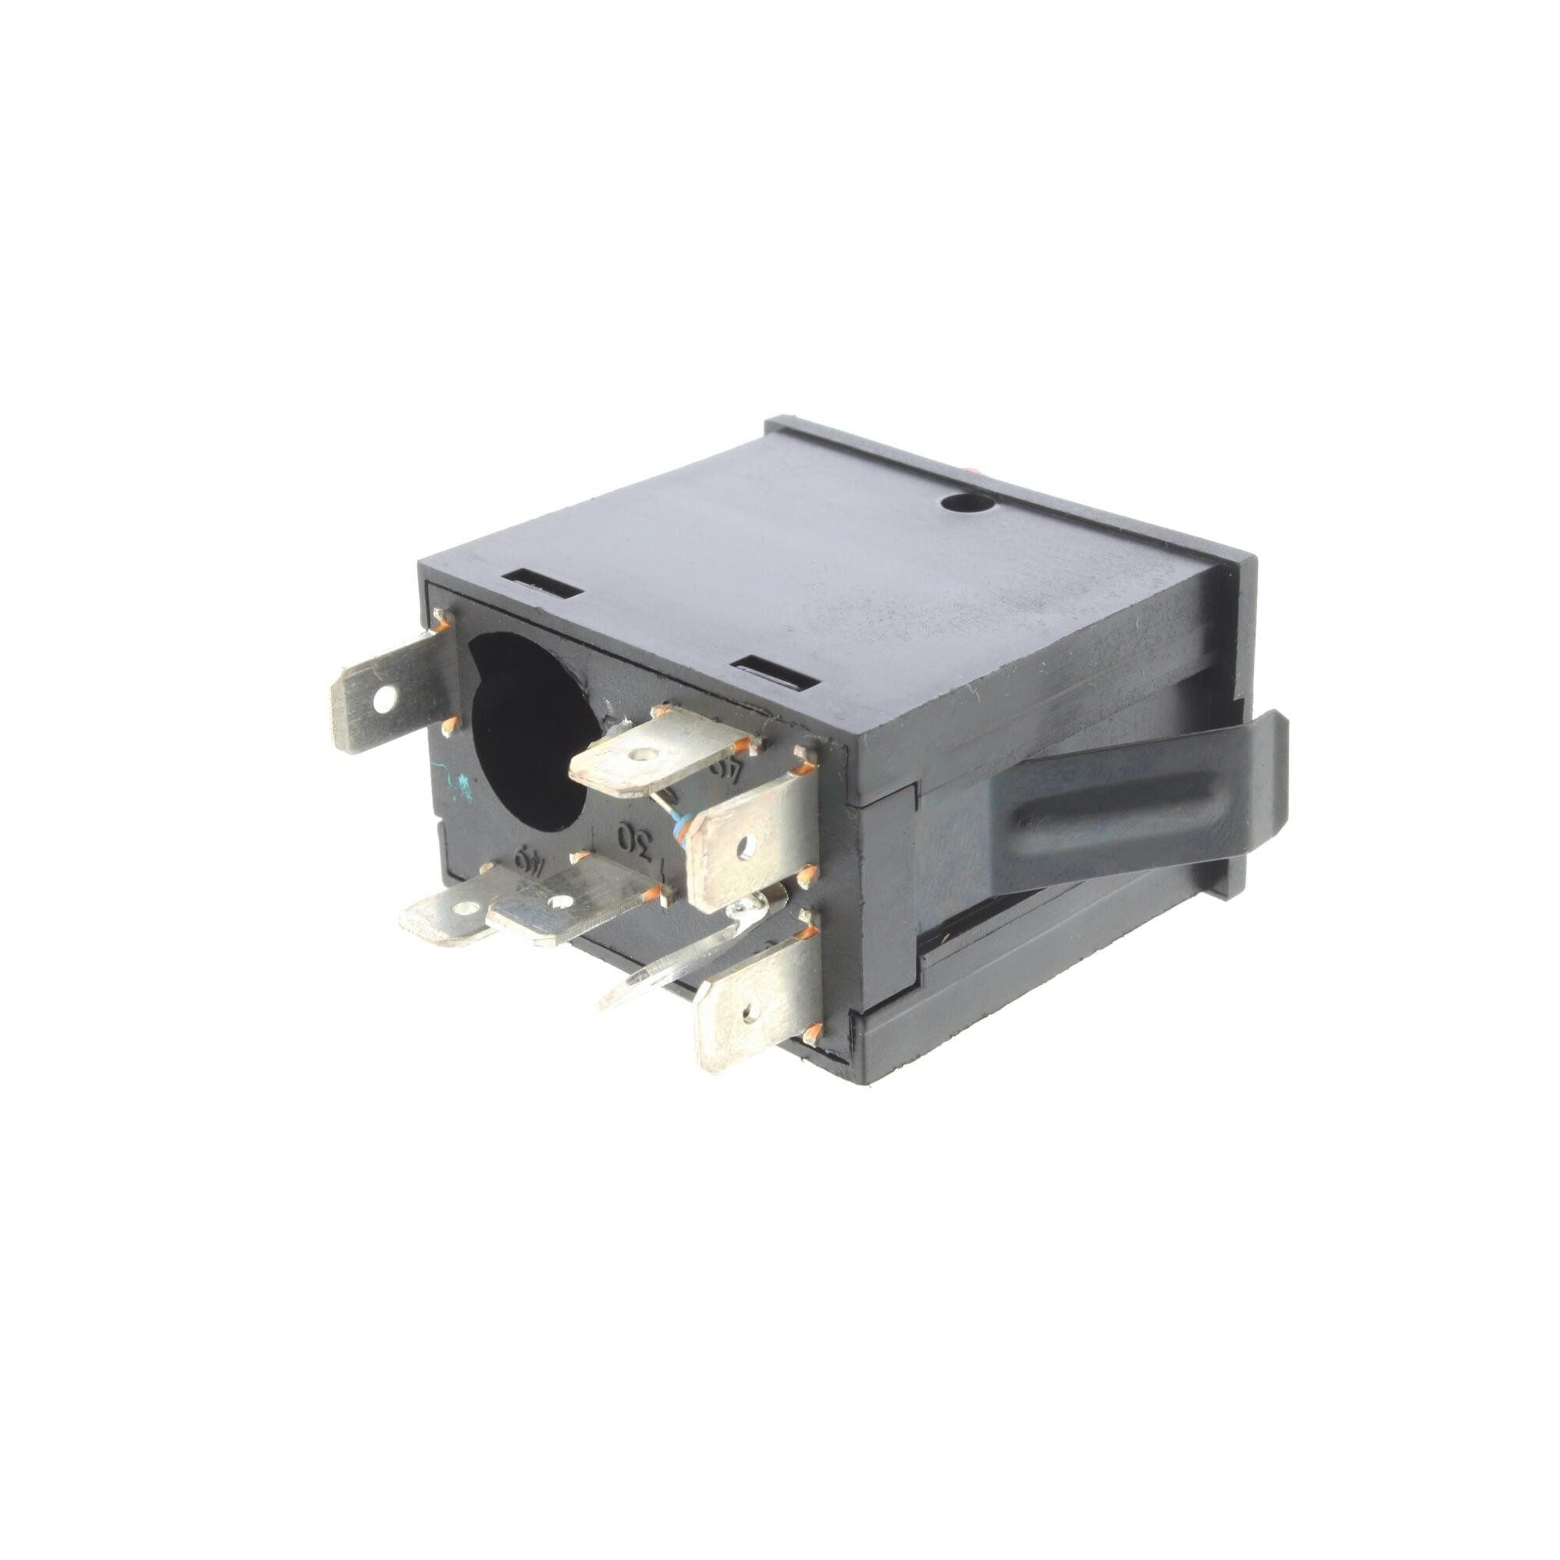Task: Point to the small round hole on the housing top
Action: click(x=965, y=503)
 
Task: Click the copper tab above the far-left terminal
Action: click(x=441, y=619)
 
